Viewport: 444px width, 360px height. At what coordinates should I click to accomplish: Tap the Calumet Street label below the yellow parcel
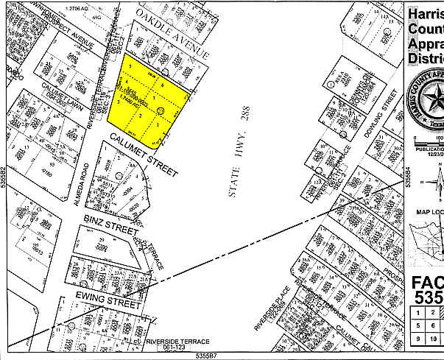144,155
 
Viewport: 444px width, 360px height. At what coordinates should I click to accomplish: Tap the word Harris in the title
425,14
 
